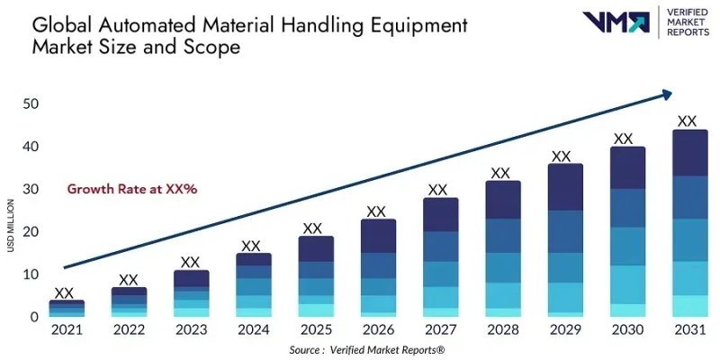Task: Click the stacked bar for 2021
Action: click(67, 308)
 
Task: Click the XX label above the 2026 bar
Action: click(376, 212)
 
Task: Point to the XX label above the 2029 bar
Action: click(562, 157)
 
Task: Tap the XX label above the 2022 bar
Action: click(129, 280)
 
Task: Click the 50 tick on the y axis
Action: click(31, 103)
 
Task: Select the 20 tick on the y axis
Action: click(31, 231)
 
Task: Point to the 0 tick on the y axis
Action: click(35, 317)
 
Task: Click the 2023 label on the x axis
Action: click(190, 330)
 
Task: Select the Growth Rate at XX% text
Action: click(132, 189)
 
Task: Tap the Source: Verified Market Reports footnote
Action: click(367, 349)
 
